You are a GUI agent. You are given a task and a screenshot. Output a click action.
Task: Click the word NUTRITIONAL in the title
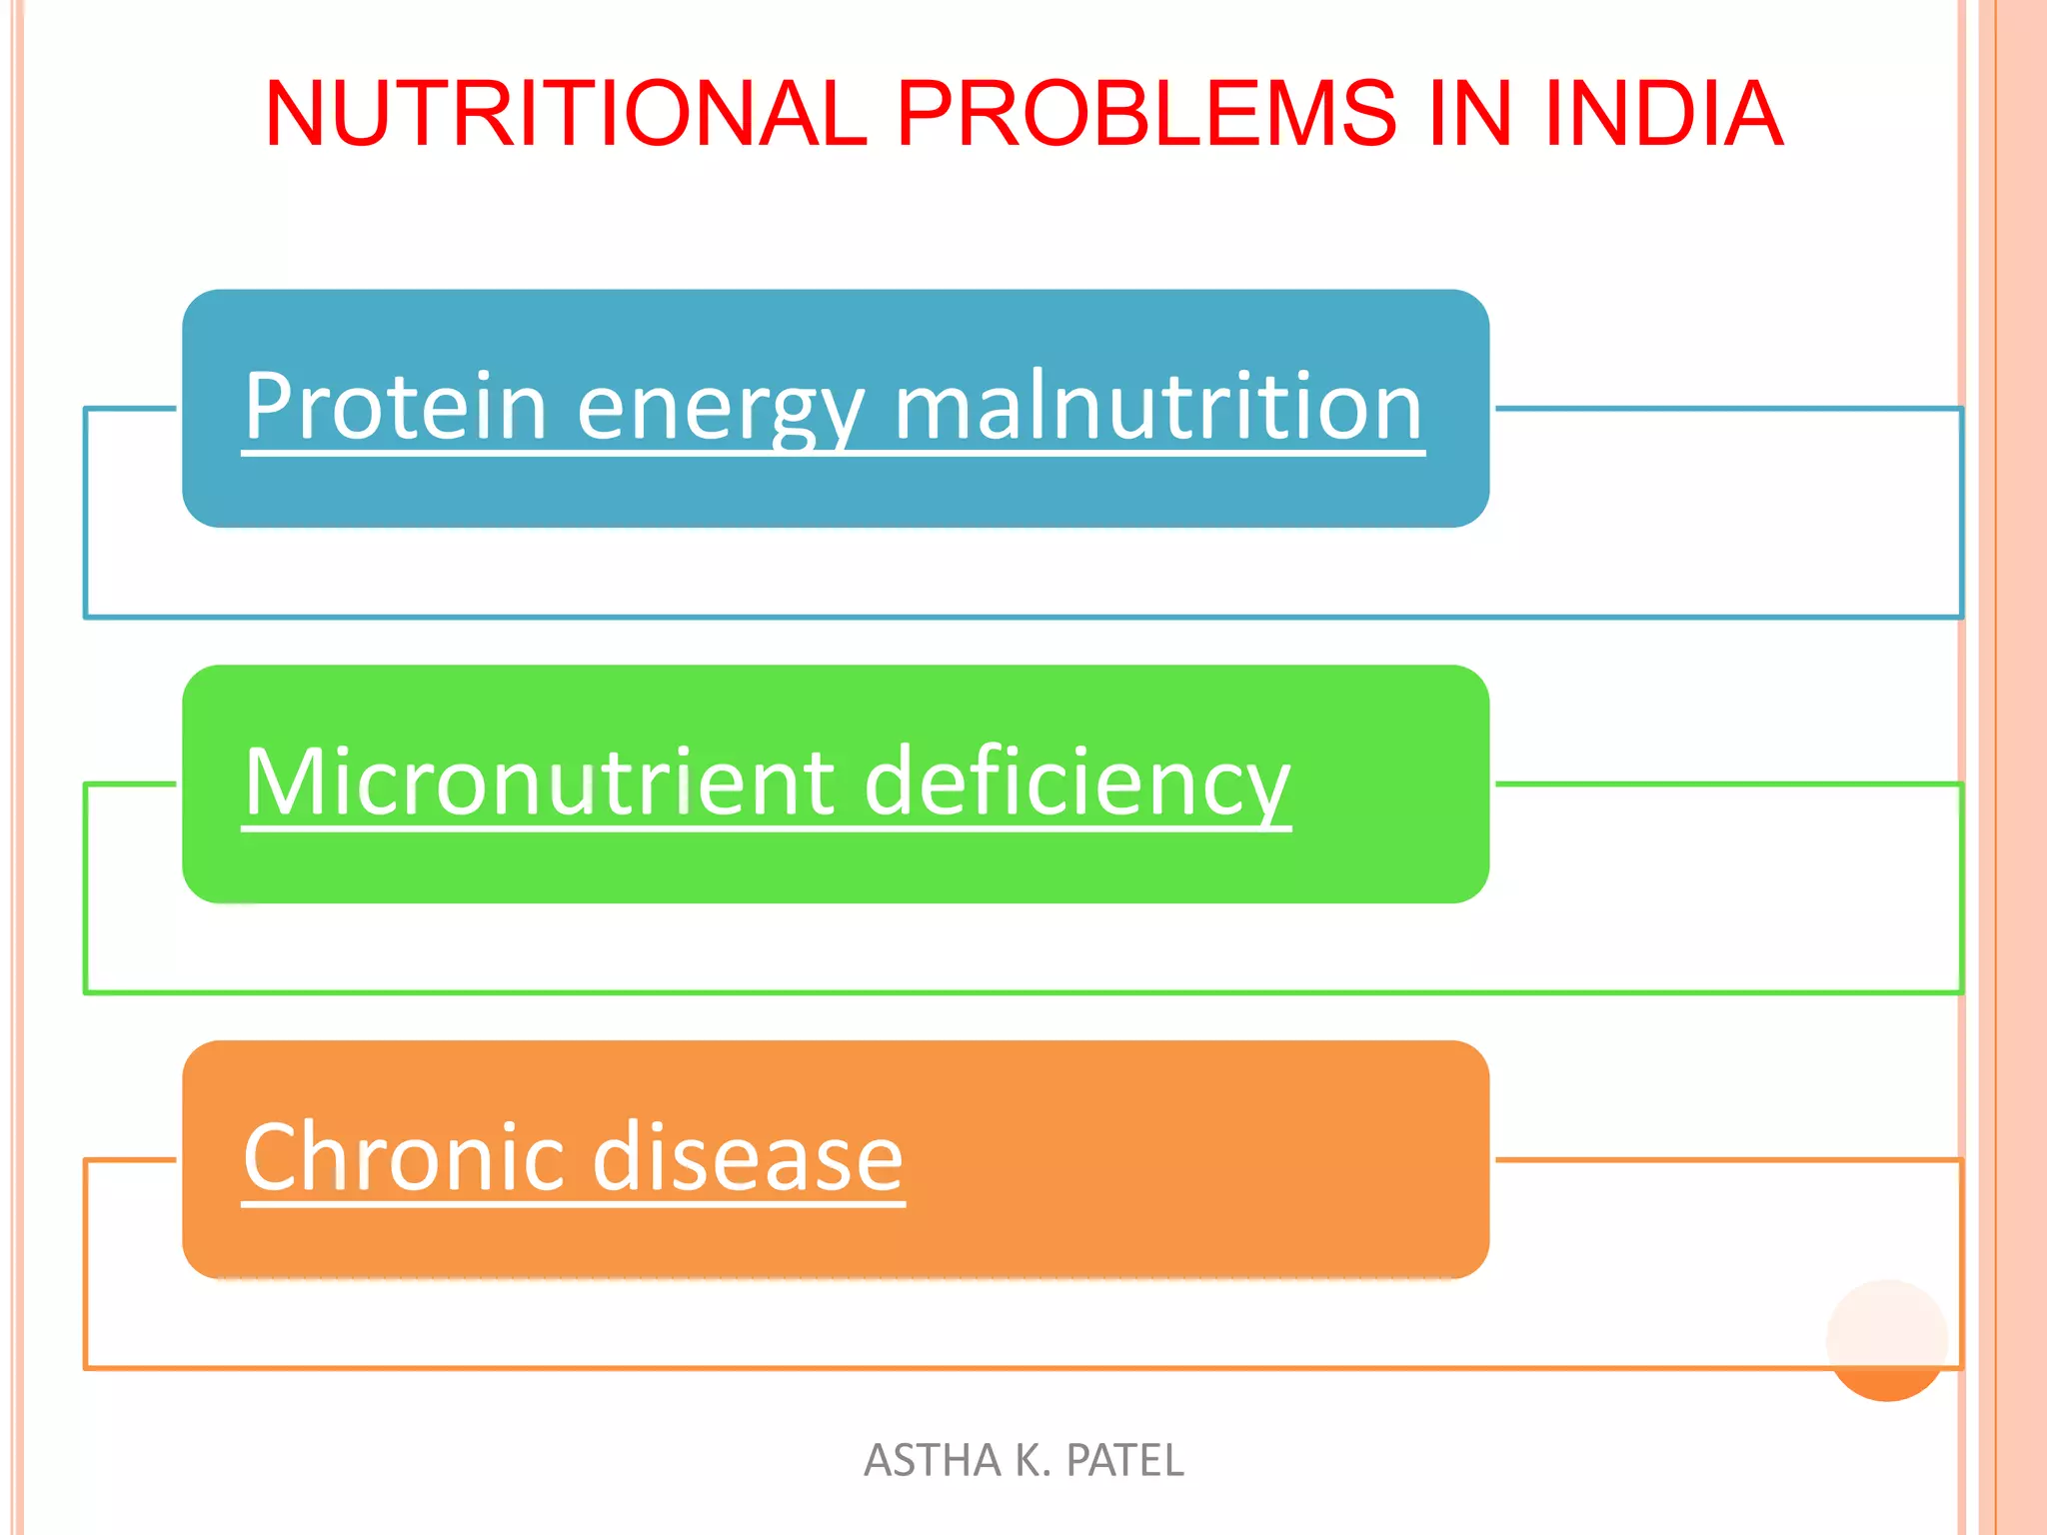point(565,113)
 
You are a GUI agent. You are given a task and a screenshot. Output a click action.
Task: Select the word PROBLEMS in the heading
point(1145,113)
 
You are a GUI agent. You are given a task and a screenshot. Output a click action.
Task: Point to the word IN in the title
point(1469,113)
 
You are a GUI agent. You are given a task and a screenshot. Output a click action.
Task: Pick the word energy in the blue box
point(720,408)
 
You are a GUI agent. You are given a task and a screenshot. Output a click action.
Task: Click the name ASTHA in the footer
point(932,1460)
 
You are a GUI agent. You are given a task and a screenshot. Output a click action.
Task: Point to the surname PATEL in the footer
point(1124,1460)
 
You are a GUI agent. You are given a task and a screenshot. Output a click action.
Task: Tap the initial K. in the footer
point(1032,1460)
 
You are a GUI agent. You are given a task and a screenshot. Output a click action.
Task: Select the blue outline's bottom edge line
point(1000,617)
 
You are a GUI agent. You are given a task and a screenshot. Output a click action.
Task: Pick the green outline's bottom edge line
point(1000,992)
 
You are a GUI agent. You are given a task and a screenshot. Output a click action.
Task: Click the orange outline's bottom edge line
point(1000,1367)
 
